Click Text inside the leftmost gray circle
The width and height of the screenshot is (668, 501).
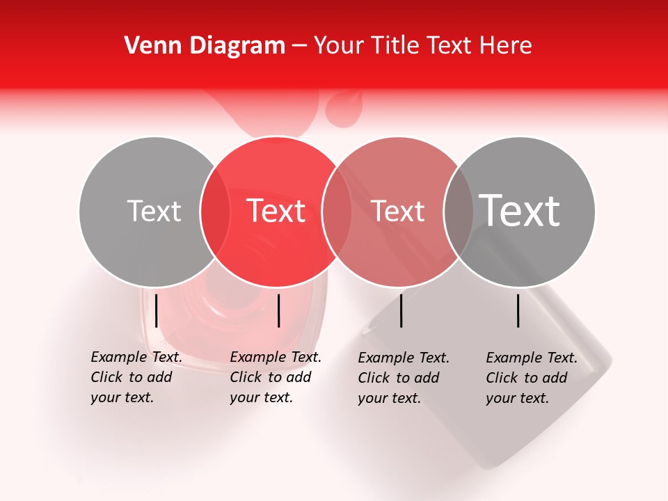154,211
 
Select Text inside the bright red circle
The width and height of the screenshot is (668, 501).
276,211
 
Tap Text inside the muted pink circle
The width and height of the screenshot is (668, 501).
398,211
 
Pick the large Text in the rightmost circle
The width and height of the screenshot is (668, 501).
520,211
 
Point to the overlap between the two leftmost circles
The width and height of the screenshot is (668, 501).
215,212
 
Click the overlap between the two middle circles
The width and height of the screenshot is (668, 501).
337,212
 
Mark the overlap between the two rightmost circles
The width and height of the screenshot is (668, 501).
459,212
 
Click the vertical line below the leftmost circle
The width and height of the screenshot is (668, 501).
157,310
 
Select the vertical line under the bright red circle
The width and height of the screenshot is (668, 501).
278,310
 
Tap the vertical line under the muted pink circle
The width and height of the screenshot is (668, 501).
401,310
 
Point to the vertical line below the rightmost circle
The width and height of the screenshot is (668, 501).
518,310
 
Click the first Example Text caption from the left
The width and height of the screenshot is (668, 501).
136,377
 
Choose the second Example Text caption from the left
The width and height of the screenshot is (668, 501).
276,377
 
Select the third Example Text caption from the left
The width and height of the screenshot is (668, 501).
404,378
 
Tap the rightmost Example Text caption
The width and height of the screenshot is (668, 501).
532,378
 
